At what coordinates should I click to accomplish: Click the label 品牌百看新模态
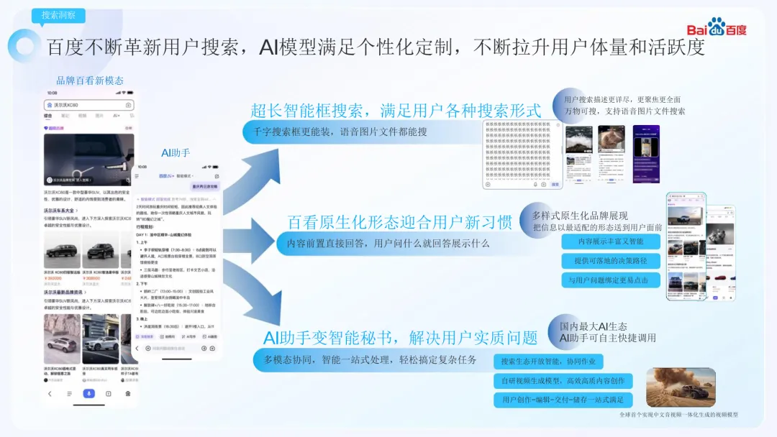pyautogui.click(x=90, y=80)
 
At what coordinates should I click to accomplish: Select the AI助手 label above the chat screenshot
pyautogui.click(x=176, y=152)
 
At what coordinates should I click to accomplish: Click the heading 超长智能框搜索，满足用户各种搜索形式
pyautogui.click(x=395, y=111)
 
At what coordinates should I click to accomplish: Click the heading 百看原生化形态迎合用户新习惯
pyautogui.click(x=399, y=223)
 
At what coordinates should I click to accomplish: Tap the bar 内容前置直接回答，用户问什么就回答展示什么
pyautogui.click(x=388, y=244)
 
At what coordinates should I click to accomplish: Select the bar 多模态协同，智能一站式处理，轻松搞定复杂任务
pyautogui.click(x=370, y=359)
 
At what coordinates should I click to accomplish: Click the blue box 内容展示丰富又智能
pyautogui.click(x=610, y=241)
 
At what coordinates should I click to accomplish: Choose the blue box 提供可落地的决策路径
pyautogui.click(x=610, y=261)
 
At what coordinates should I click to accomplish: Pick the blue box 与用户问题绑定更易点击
pyautogui.click(x=610, y=280)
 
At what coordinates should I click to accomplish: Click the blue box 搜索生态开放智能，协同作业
pyautogui.click(x=548, y=362)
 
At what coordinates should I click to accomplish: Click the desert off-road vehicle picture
pyautogui.click(x=681, y=387)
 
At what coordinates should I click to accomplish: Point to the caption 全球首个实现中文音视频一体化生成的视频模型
pyautogui.click(x=678, y=415)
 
